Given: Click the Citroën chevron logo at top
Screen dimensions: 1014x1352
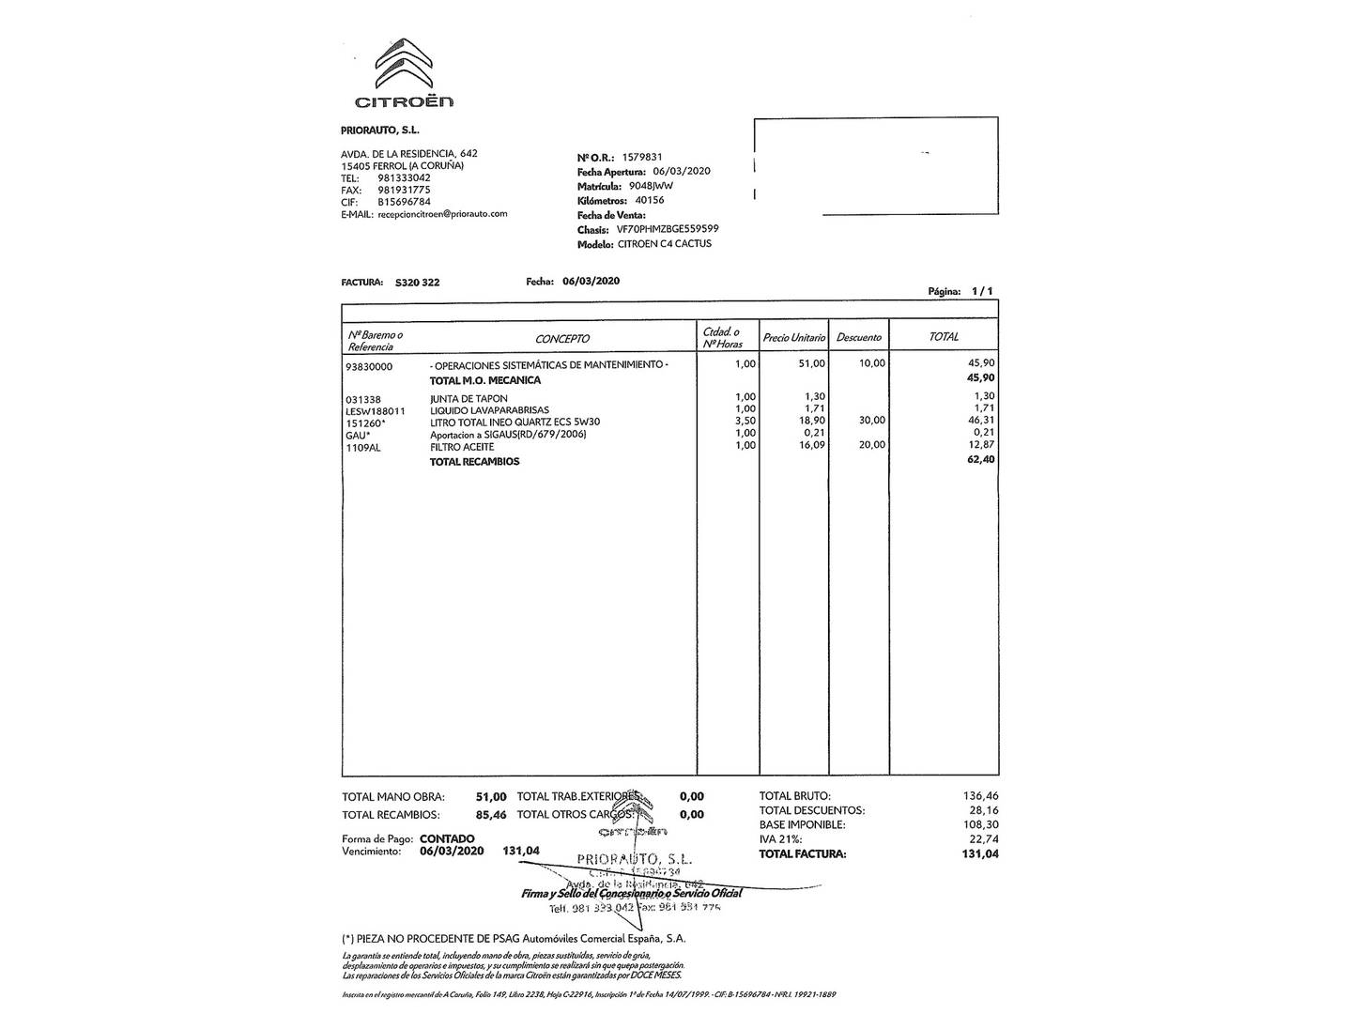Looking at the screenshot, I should [x=404, y=63].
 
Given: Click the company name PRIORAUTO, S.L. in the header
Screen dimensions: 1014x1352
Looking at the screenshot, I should [x=379, y=131].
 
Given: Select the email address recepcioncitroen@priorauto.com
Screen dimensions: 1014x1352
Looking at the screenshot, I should [x=442, y=214].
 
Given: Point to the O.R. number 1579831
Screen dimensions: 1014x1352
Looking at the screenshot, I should [x=642, y=158].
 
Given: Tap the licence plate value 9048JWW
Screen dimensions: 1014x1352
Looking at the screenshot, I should [x=651, y=186].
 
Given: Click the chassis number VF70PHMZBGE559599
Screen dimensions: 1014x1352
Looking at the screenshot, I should [x=668, y=229].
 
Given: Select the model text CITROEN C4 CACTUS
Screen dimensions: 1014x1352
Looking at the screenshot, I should [x=665, y=244].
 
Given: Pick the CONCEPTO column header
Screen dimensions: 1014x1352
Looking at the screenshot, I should [x=562, y=339].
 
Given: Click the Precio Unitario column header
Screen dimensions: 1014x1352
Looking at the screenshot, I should [x=793, y=338].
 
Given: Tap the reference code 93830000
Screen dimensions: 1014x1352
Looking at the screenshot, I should [x=369, y=367].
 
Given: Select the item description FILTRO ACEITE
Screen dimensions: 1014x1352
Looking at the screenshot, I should [x=462, y=448].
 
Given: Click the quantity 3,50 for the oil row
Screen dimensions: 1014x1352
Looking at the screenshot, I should [x=745, y=422].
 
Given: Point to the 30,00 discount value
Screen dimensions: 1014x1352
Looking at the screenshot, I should [x=871, y=421].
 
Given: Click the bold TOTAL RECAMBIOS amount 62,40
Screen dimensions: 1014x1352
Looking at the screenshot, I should [x=980, y=460].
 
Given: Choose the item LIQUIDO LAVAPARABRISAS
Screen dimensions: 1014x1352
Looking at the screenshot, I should [x=489, y=410].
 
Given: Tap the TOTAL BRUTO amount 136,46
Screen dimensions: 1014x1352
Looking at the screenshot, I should [x=980, y=796].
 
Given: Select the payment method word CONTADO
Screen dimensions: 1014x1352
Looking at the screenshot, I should [x=447, y=838].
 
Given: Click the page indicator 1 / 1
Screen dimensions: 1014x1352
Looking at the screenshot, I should [x=982, y=292].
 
